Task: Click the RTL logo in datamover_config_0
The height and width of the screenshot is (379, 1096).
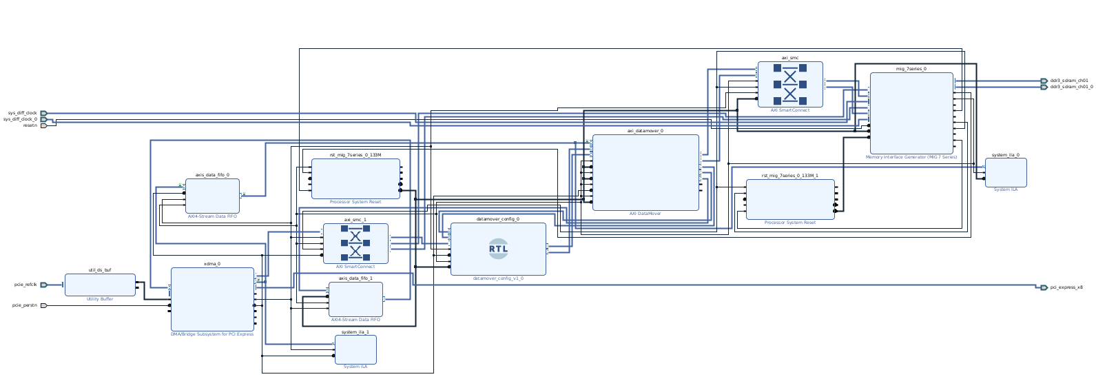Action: point(498,249)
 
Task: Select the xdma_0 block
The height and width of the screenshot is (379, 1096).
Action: point(212,299)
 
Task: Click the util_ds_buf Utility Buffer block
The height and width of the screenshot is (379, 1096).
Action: point(100,285)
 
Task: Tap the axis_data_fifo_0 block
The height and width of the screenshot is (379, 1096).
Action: point(212,196)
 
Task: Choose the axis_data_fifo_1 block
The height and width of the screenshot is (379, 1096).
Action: point(355,299)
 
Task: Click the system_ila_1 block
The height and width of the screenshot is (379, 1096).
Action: point(355,349)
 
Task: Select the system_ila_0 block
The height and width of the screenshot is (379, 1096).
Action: point(1005,172)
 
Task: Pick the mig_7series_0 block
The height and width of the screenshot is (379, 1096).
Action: point(911,113)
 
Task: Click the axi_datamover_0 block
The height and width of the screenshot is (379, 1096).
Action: point(645,172)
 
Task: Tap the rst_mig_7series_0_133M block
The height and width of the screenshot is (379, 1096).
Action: point(355,178)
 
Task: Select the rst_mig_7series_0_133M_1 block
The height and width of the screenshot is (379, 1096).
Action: point(789,199)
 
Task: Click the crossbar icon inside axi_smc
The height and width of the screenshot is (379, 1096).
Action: point(789,84)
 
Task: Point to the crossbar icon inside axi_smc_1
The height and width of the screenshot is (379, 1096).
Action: point(355,243)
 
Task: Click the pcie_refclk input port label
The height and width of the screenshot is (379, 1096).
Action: point(25,285)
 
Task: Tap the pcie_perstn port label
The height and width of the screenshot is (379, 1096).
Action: point(25,305)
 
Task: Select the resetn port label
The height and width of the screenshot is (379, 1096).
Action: point(30,125)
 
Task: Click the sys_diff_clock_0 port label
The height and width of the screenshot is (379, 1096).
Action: point(21,119)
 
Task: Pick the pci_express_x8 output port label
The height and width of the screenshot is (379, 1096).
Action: point(1066,287)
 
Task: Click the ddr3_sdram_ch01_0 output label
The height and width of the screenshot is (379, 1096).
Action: point(1071,87)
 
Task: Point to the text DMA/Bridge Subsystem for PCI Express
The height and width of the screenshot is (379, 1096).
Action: point(212,334)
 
